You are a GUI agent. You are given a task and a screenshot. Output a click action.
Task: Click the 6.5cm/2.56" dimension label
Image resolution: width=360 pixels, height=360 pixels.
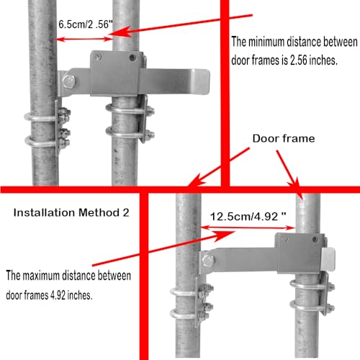(86, 24)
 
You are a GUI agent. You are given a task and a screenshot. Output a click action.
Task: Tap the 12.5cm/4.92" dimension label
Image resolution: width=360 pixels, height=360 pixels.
(248, 217)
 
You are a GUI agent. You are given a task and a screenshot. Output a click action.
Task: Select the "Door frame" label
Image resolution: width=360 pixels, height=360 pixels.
(284, 138)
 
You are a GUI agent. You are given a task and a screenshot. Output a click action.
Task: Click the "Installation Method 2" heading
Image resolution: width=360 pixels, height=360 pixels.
(71, 212)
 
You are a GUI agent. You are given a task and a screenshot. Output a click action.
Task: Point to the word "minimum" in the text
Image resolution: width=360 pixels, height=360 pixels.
(266, 42)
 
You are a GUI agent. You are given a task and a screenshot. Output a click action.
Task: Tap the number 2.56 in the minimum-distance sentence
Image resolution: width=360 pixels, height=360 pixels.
(299, 60)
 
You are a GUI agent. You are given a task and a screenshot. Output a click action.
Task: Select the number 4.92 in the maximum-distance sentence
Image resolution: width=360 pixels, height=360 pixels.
(58, 295)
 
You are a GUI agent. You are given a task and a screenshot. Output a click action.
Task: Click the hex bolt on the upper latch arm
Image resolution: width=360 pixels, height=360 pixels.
(69, 81)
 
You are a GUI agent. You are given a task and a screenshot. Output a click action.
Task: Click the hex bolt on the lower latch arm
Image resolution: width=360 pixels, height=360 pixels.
(208, 261)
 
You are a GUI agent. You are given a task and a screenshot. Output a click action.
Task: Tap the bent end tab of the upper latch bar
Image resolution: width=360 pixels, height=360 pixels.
(201, 81)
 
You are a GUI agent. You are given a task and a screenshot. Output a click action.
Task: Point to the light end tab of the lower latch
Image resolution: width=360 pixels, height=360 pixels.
(328, 259)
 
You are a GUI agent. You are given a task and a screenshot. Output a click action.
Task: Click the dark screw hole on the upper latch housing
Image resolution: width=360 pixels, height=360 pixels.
(132, 58)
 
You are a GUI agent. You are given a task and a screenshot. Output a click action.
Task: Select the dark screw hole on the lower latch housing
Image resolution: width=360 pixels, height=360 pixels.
(315, 239)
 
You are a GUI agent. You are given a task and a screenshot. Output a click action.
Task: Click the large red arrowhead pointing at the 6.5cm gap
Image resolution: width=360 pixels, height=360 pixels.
(122, 32)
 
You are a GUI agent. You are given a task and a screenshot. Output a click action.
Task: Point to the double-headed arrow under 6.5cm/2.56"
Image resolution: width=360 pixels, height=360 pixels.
(84, 39)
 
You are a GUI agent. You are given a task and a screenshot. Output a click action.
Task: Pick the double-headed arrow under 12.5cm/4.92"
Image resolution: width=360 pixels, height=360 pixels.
(248, 228)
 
